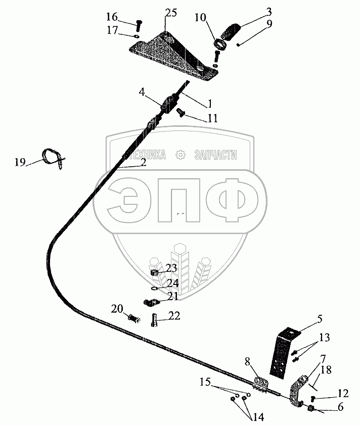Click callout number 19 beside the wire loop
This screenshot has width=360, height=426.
[20, 162]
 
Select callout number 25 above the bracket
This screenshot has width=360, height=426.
[171, 13]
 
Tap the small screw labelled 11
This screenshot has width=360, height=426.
[181, 112]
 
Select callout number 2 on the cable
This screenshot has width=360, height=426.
[143, 163]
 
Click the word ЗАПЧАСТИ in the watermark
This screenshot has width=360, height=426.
[215, 155]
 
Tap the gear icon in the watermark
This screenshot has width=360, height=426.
[181, 155]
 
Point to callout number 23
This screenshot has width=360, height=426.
[171, 268]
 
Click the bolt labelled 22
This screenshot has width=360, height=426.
[154, 320]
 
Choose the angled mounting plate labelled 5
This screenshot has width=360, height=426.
[283, 352]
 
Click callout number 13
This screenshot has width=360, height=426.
[325, 338]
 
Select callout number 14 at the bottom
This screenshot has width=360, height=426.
[258, 417]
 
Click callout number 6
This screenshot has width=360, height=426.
[340, 407]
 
